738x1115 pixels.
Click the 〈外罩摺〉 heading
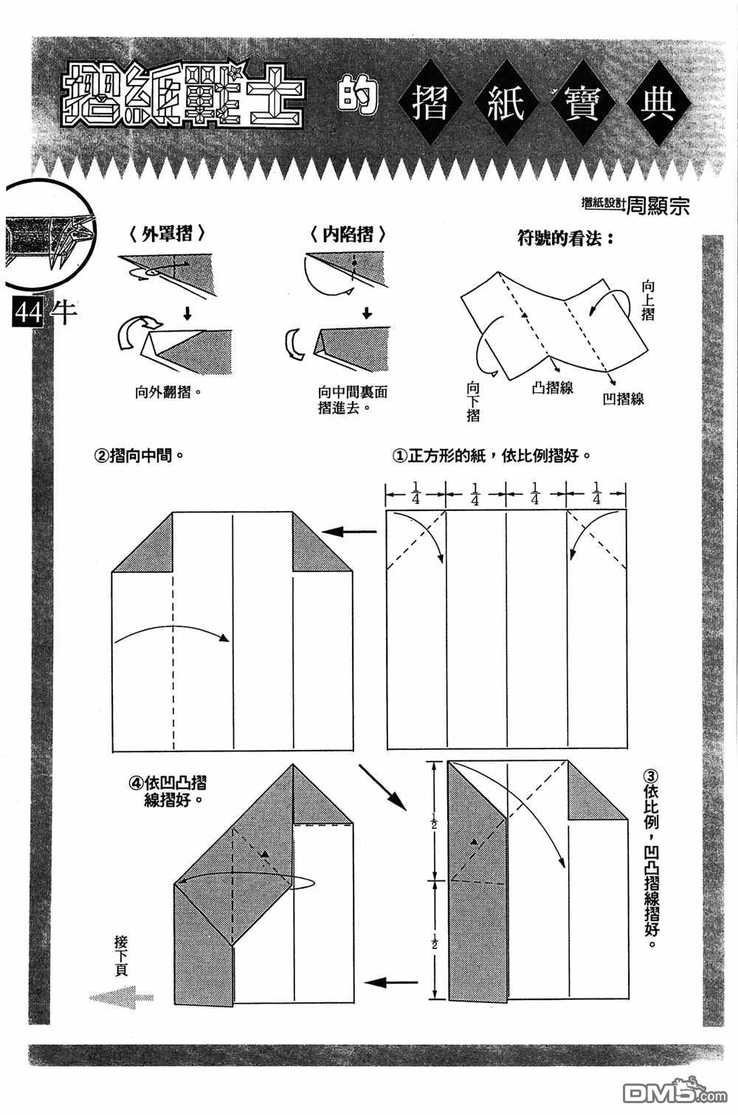167,234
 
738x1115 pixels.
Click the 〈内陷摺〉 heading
348,234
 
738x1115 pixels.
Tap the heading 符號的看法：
566,239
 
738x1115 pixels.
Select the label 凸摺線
553,388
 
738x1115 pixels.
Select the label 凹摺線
624,399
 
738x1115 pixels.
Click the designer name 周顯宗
658,204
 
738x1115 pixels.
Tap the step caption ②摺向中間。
139,455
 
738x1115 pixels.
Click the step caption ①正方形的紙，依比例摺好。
492,455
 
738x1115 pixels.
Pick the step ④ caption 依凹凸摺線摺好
168,792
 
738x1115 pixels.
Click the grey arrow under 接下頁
122,997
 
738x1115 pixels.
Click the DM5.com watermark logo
675,1093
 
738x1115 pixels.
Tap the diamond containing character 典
658,103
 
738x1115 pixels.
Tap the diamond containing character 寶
582,103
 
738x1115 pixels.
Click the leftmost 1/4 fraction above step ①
415,493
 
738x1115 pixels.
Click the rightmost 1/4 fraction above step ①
596,493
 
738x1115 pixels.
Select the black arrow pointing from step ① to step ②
349,532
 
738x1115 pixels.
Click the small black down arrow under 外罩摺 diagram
187,313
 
